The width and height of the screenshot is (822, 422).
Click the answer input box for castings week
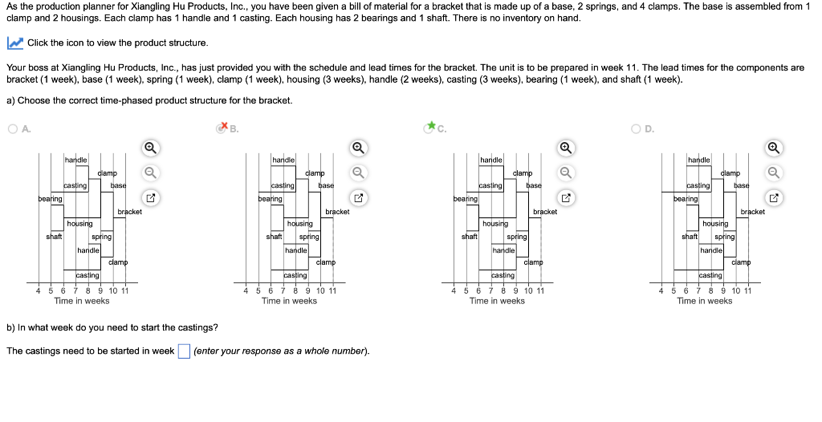coord(184,351)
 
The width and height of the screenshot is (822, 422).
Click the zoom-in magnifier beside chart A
coord(150,147)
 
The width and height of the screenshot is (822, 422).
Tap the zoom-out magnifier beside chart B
coord(358,172)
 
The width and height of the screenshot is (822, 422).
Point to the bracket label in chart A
coord(129,212)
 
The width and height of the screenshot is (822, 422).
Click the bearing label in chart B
coord(270,197)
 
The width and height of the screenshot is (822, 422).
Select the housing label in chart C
coord(495,224)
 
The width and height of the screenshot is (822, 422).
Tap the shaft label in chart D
coord(689,237)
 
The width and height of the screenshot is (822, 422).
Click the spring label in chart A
coord(101,237)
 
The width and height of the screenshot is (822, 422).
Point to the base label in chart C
coord(534,185)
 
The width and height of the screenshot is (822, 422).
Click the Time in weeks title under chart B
coord(289,301)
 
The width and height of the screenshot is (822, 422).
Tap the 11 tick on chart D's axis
coord(747,290)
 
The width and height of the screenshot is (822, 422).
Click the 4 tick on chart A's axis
coord(38,290)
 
